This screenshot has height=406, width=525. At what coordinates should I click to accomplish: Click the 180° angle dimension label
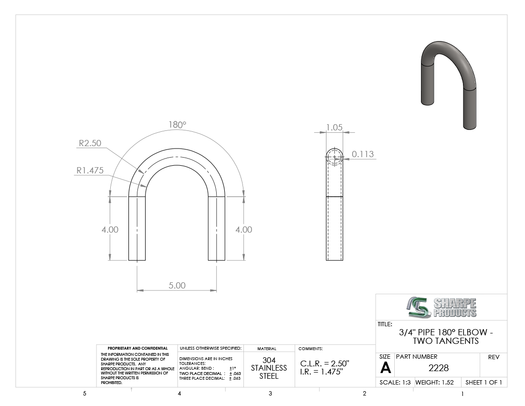coord(177,125)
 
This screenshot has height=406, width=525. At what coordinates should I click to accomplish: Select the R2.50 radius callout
coord(90,143)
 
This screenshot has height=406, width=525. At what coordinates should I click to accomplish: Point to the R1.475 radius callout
coord(90,170)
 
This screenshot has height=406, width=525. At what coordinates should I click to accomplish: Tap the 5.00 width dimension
coord(177,286)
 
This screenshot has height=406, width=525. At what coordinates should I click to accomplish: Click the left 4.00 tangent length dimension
coord(110,229)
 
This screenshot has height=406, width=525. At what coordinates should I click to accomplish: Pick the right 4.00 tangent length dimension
coord(244,229)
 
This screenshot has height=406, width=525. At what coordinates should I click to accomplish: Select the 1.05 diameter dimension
coord(335,128)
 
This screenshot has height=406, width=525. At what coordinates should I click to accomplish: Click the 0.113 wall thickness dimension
coord(363,154)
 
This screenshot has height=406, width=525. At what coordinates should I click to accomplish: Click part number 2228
coord(438,368)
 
